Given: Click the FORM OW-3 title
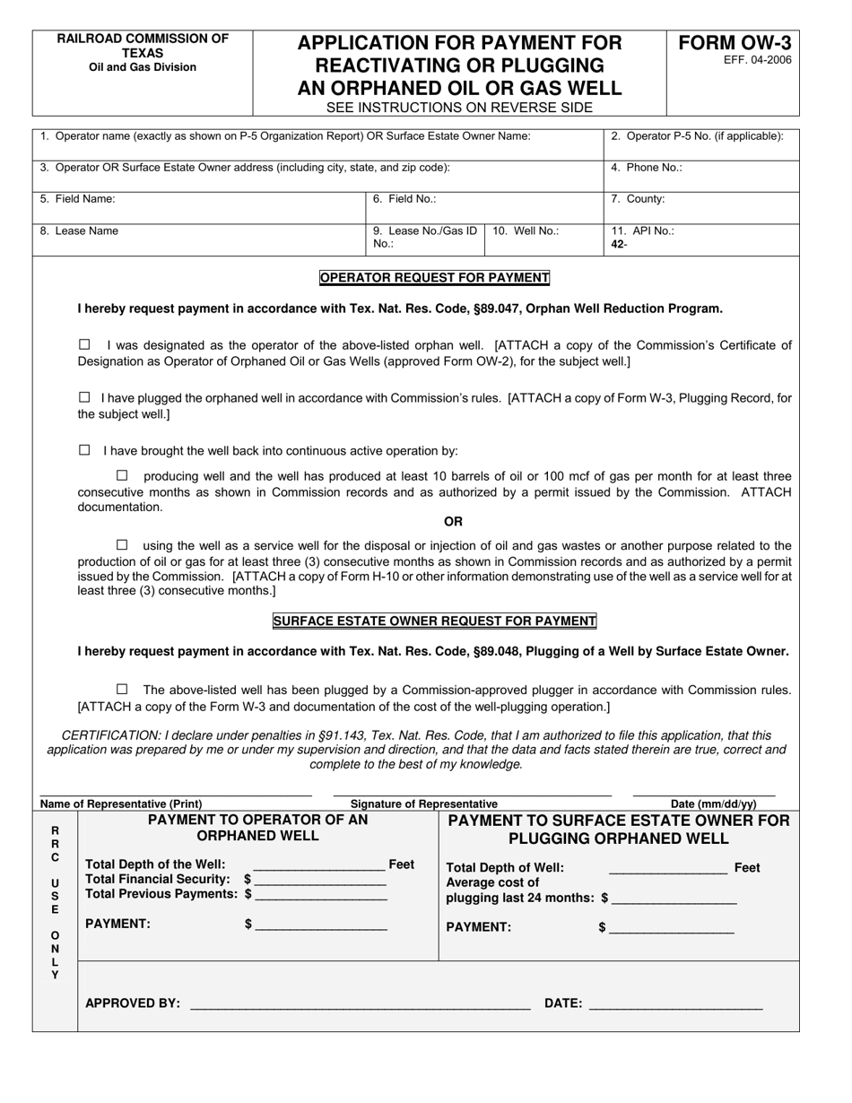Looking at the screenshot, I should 735,43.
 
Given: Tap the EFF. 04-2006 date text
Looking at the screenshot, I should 735,61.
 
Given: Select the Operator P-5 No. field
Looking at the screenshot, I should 701,144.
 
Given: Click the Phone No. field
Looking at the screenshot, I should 701,176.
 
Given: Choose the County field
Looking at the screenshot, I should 701,207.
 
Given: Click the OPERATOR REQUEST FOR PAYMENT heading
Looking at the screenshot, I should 435,278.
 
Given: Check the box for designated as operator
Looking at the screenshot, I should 85,344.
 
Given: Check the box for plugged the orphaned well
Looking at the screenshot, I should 85,397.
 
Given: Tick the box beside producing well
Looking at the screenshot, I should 122,475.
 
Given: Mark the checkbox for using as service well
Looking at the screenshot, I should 122,544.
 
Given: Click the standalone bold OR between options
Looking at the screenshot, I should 453,522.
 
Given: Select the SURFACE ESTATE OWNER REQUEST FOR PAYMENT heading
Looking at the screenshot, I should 435,621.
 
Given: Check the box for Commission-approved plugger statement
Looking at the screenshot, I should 122,690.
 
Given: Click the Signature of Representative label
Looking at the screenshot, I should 423,804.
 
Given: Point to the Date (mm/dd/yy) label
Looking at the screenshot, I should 713,804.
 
